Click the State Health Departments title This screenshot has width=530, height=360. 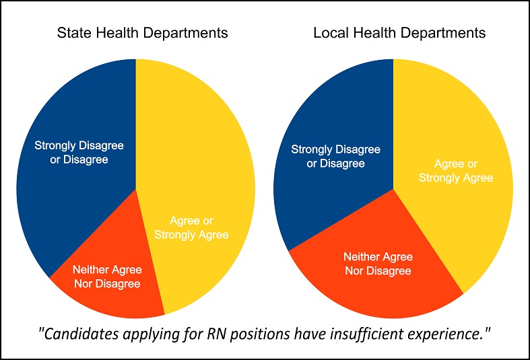pos(142,34)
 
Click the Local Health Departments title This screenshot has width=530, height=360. pos(399,34)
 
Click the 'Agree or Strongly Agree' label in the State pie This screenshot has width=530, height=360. pos(191,227)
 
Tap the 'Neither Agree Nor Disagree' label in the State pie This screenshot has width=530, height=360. pos(107,277)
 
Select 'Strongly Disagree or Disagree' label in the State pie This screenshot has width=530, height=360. pos(79,152)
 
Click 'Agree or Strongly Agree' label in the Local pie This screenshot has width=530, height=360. pos(456,171)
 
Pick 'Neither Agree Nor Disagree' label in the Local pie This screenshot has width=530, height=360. pos(378,264)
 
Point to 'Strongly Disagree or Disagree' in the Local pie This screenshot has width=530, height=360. pos(335,156)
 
